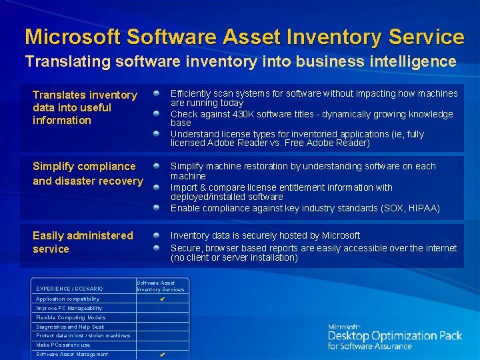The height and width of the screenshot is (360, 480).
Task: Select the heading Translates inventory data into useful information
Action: pos(85,107)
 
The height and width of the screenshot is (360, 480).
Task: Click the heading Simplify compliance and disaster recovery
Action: pos(87,173)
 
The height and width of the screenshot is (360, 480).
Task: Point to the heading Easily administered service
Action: pos(83,242)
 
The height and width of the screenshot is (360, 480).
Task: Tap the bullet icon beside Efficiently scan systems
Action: pos(155,93)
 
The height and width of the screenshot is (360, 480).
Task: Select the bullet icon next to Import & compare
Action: pos(155,187)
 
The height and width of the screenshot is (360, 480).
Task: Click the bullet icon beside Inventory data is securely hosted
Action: pos(155,235)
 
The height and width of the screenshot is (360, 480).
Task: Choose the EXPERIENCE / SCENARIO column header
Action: pos(69,289)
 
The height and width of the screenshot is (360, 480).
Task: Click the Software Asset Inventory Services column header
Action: pos(161,286)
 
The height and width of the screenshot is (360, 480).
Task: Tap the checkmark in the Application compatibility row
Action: pos(161,299)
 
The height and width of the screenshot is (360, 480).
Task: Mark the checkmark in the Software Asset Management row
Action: pos(161,355)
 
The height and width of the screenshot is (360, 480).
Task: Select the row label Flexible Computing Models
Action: pos(71,318)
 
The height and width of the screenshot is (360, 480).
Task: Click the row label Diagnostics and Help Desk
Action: pos(70,327)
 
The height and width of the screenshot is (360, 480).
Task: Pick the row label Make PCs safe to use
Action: pos(63,345)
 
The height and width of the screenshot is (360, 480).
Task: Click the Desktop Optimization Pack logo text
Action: pos(395,336)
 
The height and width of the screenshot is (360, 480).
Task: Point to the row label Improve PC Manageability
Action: pos(69,309)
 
